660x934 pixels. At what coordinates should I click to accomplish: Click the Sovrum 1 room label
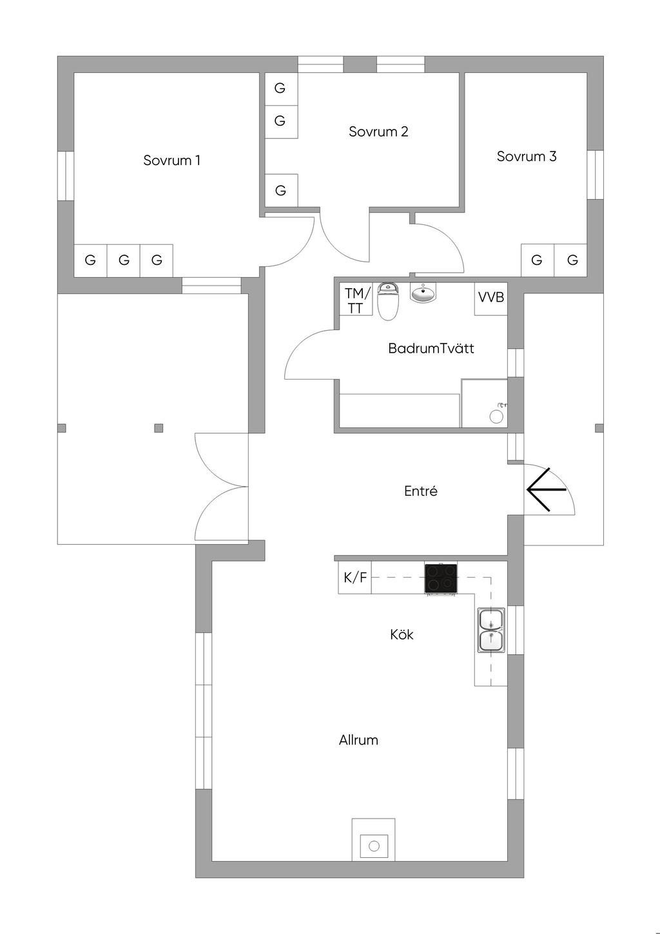[172, 160]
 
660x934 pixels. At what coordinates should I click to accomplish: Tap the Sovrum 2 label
[378, 131]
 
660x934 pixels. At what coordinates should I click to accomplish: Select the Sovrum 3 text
[527, 157]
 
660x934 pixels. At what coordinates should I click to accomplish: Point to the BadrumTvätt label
[431, 348]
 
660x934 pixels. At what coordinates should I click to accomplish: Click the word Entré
[421, 491]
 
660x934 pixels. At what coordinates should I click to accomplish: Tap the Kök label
[402, 634]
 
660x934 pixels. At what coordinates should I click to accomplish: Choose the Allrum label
[358, 740]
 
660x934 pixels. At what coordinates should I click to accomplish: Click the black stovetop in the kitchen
[441, 578]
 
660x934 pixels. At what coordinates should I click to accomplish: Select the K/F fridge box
[354, 578]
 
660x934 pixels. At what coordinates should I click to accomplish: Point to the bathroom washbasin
[423, 292]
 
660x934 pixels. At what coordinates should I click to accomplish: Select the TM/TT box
[356, 300]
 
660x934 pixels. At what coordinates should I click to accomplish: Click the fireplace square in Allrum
[374, 846]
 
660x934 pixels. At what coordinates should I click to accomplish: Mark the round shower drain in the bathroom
[496, 416]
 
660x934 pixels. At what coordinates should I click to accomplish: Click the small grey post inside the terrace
[159, 428]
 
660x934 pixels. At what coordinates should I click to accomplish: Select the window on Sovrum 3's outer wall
[596, 174]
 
